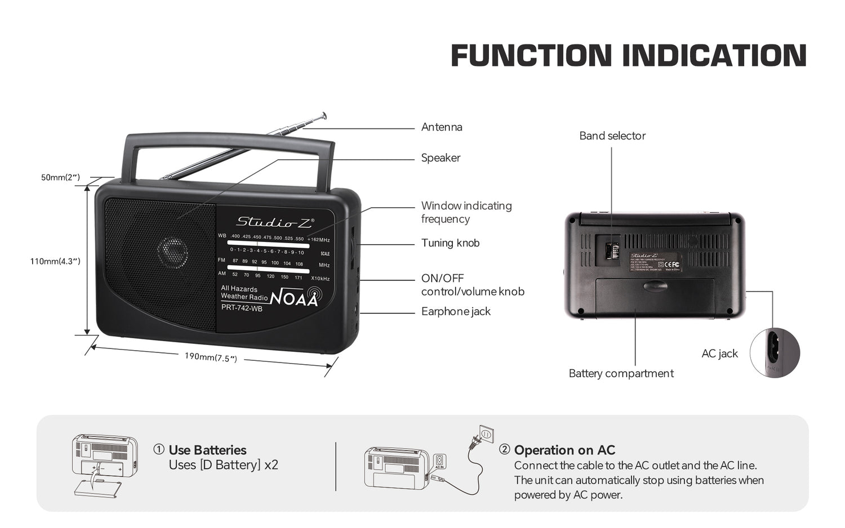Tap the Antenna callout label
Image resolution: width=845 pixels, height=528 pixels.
click(x=442, y=127)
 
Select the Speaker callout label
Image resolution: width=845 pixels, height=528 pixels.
click(x=441, y=158)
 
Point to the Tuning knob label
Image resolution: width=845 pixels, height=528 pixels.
click(x=450, y=243)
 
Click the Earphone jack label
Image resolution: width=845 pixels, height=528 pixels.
click(x=456, y=311)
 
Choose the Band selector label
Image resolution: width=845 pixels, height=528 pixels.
click(x=612, y=136)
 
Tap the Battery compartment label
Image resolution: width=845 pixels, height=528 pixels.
click(x=621, y=373)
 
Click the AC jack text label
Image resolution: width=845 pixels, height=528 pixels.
click(x=719, y=354)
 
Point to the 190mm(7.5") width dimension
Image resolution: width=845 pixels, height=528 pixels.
click(x=211, y=357)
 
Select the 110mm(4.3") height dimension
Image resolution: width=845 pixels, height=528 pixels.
click(x=55, y=261)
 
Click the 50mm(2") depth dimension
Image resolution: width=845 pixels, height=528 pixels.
click(x=60, y=177)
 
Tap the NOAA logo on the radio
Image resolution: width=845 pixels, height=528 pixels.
click(x=295, y=297)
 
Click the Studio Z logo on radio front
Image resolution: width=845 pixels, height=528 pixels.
click(x=274, y=222)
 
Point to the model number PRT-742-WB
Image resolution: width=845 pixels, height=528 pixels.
click(x=242, y=308)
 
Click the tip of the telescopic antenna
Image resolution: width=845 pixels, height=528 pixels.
click(x=323, y=115)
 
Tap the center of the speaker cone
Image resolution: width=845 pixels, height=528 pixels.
click(x=172, y=251)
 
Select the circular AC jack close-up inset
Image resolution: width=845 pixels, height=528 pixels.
click(x=775, y=353)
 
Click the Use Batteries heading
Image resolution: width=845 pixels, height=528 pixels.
click(x=207, y=450)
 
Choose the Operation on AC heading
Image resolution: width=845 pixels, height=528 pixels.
click(x=564, y=450)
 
